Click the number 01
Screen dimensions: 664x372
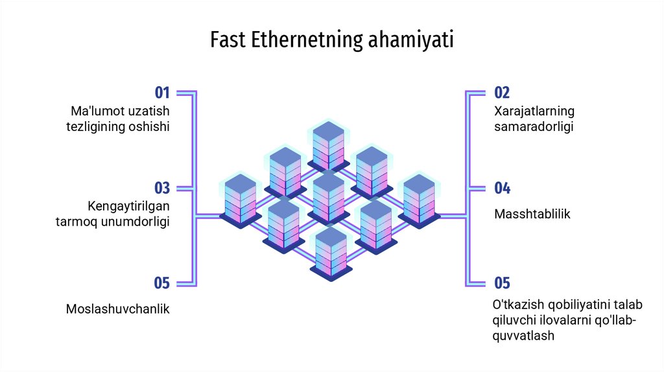161,93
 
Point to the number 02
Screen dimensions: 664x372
502,93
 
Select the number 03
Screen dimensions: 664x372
161,189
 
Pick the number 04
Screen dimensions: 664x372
502,189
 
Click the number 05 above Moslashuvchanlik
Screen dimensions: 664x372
161,283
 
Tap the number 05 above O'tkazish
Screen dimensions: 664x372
502,283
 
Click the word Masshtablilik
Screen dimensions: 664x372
532,214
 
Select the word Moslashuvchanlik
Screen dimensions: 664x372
117,309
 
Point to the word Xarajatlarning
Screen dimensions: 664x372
534,111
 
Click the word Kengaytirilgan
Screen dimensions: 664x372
128,206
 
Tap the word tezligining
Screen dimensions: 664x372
96,127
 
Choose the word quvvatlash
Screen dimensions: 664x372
524,336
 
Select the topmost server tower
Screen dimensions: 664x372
328,144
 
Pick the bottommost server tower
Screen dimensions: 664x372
331,253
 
